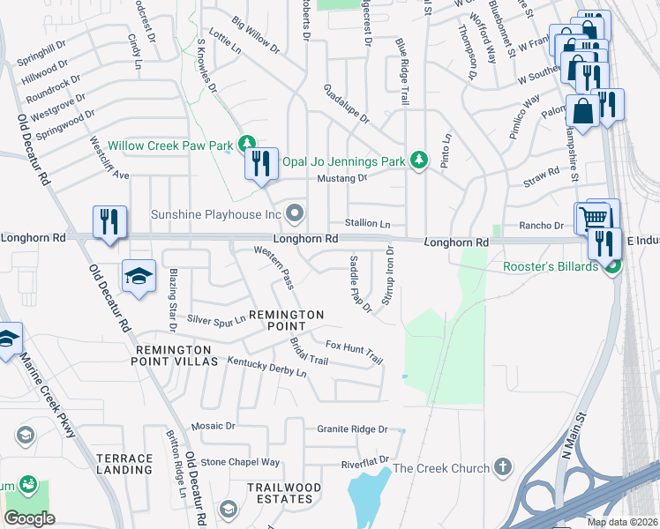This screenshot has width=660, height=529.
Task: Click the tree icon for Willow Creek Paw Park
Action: click(x=248, y=144)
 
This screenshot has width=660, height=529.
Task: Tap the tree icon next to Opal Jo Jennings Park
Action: click(x=421, y=160)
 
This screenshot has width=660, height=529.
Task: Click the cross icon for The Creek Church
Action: click(x=502, y=466)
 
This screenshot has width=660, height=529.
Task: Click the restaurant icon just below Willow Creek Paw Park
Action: click(x=261, y=165)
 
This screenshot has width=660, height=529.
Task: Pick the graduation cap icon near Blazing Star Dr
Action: click(x=139, y=278)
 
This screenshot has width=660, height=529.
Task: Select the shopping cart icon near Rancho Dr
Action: click(x=594, y=218)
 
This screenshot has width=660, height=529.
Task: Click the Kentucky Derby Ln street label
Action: click(x=266, y=367)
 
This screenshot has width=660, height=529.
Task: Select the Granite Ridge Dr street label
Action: click(x=352, y=429)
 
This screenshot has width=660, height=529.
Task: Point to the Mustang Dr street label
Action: click(x=341, y=178)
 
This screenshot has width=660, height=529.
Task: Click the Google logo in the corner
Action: click(x=29, y=518)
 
